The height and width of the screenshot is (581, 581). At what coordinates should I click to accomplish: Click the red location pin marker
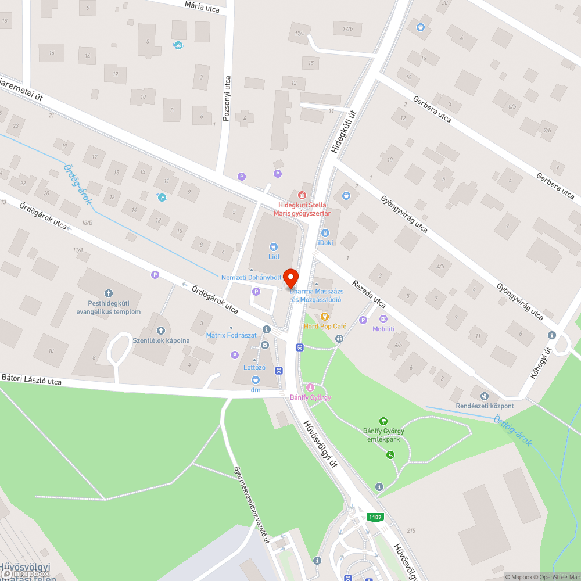(290, 278)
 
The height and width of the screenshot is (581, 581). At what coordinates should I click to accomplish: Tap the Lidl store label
(274, 256)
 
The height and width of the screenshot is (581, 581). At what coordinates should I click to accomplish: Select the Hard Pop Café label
(325, 327)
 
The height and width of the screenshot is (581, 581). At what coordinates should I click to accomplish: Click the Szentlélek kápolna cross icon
(161, 331)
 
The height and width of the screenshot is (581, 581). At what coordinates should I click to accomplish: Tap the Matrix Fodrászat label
(231, 335)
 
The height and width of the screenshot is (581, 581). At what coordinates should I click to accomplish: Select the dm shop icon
(256, 379)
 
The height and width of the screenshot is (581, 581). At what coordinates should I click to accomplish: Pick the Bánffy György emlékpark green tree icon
(383, 421)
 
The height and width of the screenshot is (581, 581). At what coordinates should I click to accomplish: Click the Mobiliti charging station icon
(383, 319)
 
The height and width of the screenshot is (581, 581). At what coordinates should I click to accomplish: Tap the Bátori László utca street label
(31, 381)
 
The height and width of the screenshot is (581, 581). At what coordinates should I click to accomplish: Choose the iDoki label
(325, 242)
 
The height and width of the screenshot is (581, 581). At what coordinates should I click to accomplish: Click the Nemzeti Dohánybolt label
(251, 278)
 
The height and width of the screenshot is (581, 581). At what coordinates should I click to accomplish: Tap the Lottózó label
(254, 368)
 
